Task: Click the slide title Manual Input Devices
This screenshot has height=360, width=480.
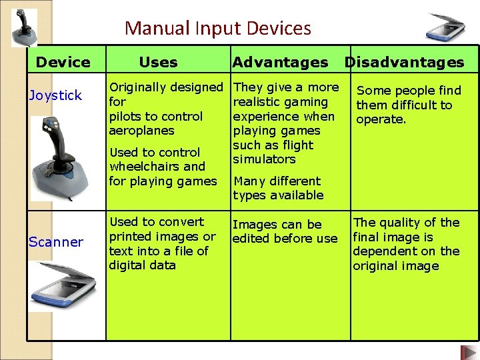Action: tap(217, 29)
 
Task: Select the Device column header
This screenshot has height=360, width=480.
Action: tap(63, 63)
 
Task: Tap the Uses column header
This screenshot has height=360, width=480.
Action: tap(158, 63)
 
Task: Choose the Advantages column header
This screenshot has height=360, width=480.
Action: tap(280, 63)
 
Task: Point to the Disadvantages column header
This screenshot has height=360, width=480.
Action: tap(404, 63)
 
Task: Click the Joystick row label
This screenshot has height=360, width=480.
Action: tap(55, 95)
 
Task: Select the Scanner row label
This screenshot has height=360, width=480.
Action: tap(55, 241)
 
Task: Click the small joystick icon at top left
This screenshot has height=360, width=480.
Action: tap(23, 27)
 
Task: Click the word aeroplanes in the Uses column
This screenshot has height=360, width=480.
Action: tap(141, 131)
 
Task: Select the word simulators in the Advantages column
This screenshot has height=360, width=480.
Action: tap(264, 159)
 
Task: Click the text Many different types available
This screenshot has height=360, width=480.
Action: tap(278, 188)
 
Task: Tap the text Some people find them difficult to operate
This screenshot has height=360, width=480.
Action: tap(408, 105)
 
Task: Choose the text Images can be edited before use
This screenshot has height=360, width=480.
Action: tap(285, 232)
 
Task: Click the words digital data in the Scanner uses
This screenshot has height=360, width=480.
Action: tap(142, 265)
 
